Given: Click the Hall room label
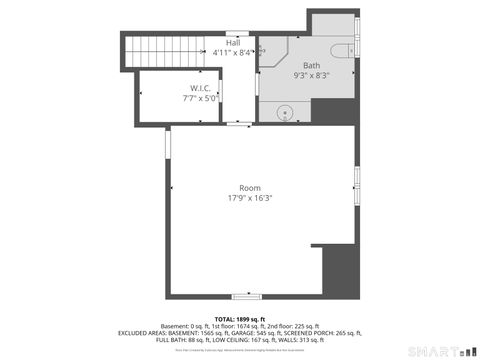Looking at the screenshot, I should [233, 43].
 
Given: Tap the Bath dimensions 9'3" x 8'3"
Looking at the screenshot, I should [311, 75].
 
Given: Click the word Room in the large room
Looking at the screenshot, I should [249, 188].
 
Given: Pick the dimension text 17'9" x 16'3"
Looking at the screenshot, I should [249, 198].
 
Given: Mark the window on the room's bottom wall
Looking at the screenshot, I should [246, 296].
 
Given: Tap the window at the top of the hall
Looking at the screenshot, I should [241, 31].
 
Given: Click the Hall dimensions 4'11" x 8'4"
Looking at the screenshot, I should [234, 53].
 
